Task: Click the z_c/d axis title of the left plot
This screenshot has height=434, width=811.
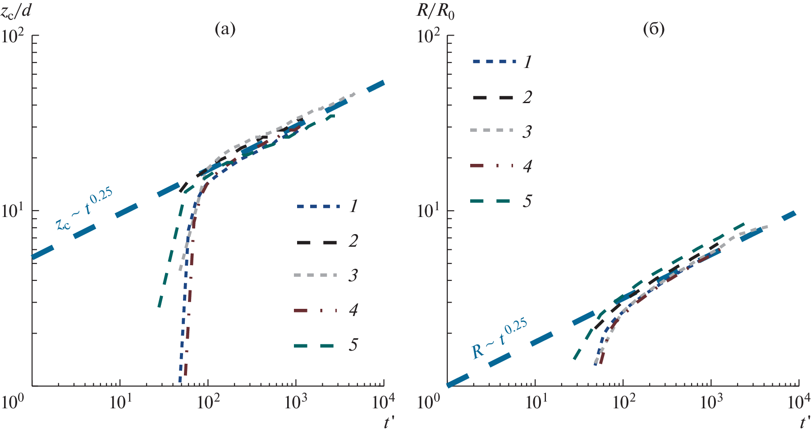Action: [x=16, y=11]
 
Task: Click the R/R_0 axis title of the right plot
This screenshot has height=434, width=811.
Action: [x=435, y=11]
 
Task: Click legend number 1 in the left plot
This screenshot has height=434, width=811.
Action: [x=353, y=206]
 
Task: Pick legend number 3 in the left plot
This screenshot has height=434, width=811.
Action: [x=353, y=275]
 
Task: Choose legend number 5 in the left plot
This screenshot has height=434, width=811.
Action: [x=353, y=345]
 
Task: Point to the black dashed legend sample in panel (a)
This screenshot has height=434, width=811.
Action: [x=316, y=242]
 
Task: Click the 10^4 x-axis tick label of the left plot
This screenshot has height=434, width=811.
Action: [x=383, y=401]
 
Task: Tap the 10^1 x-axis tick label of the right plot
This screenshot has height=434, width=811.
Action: [x=535, y=401]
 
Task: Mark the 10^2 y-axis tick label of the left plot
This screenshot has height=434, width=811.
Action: [x=13, y=36]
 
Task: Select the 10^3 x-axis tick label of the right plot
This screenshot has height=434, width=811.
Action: [x=711, y=401]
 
